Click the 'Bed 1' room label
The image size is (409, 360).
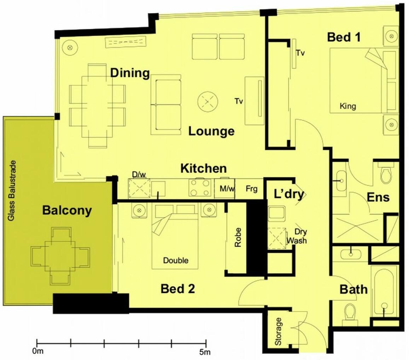[x=344, y=37]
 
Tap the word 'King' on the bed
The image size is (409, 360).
[x=348, y=106]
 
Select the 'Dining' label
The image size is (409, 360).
[x=130, y=73]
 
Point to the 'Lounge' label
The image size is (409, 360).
[x=211, y=131]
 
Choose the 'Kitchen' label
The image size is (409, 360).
[x=204, y=169]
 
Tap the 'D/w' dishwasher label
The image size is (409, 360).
[x=139, y=175]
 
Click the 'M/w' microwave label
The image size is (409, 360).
[x=227, y=188]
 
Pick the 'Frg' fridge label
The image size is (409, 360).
[x=251, y=188]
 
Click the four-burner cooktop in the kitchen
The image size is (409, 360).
[x=200, y=188]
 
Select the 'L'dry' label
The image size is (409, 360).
[x=289, y=194]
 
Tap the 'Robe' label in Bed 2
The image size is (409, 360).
[x=238, y=237]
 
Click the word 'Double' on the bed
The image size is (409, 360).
[x=176, y=260]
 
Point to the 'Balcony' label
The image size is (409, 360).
[x=67, y=210]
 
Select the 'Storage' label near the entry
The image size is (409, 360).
[x=278, y=331]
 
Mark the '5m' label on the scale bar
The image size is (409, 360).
[x=205, y=352]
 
